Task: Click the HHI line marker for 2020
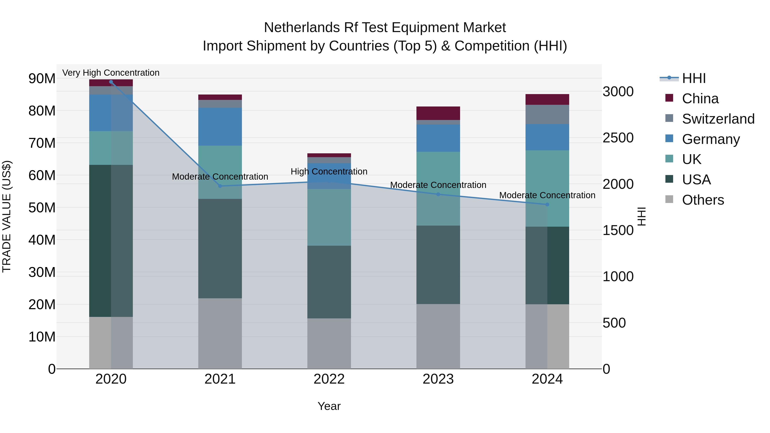click(x=111, y=82)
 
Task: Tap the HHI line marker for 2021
click(x=220, y=186)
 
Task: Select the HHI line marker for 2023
click(x=438, y=194)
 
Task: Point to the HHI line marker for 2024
click(x=547, y=204)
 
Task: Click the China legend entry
click(x=700, y=99)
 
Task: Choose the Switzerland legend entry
click(x=718, y=119)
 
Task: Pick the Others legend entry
click(x=702, y=200)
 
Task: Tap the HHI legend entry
click(x=693, y=78)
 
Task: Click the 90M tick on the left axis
click(x=42, y=79)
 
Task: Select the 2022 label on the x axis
click(x=329, y=379)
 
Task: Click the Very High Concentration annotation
click(x=111, y=73)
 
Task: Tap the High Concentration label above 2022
click(x=329, y=171)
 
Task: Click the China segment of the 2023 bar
click(x=438, y=113)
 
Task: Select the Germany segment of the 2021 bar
click(x=220, y=127)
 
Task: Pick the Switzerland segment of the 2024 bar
click(x=547, y=114)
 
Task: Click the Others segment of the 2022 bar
click(x=329, y=344)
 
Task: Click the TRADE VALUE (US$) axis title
click(x=7, y=216)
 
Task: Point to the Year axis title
click(x=329, y=406)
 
